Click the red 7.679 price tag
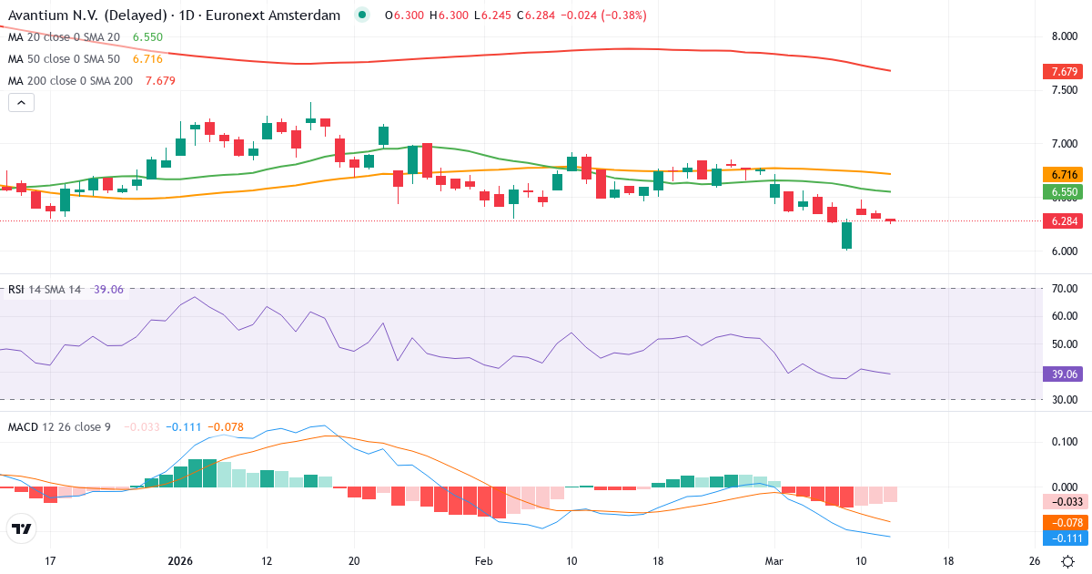(1065, 71)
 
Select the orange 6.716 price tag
(1065, 174)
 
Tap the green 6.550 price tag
(1065, 192)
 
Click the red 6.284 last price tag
(1065, 221)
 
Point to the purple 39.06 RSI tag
(1065, 374)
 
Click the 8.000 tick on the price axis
(1065, 37)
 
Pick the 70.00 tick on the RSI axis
(1063, 289)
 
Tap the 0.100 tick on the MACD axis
(1063, 442)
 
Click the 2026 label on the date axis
(180, 560)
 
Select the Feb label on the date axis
(483, 560)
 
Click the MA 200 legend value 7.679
(154, 80)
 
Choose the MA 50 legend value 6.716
(147, 58)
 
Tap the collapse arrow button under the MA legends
(21, 103)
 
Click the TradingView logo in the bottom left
(21, 528)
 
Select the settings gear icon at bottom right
(1067, 560)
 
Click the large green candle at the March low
(846, 235)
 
